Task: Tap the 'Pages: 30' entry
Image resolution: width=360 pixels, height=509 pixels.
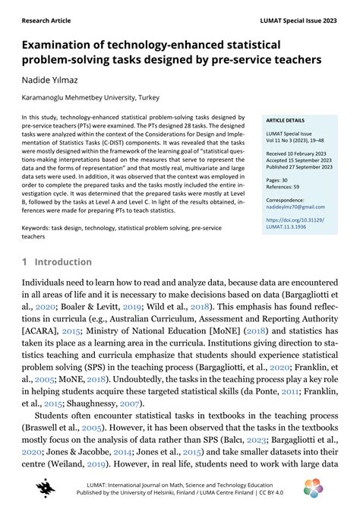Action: [278, 179]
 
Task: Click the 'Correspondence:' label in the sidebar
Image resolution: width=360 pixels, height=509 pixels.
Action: [287, 201]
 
